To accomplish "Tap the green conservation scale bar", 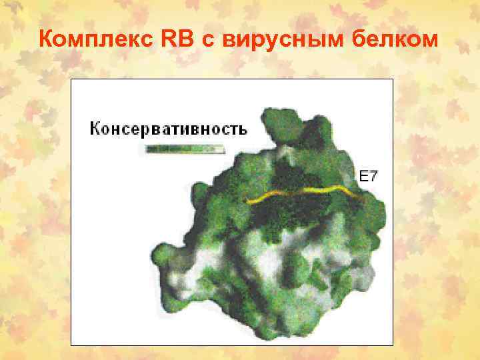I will coord(183,149).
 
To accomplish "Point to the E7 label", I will coord(369,177).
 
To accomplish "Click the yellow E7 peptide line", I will coord(307,193).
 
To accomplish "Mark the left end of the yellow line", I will coord(247,201).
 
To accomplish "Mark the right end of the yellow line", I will coord(363,197).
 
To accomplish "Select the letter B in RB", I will coord(187,40).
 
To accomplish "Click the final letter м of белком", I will coord(429,41).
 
